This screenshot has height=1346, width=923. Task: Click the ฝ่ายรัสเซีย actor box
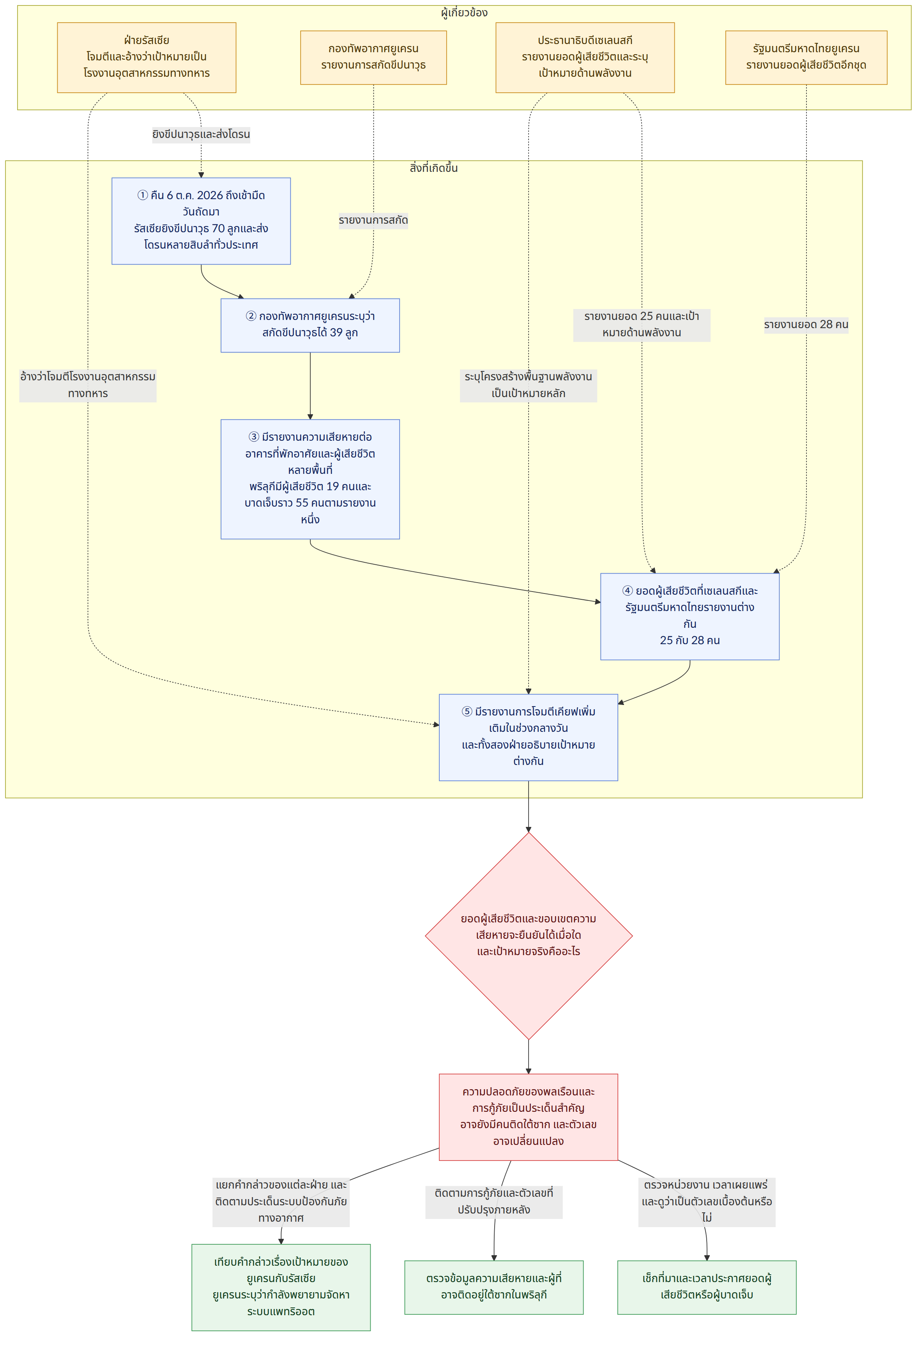pyautogui.click(x=147, y=57)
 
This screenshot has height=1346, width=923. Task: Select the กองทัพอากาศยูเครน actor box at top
pyautogui.click(x=373, y=57)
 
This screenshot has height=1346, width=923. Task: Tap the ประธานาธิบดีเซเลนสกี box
pyautogui.click(x=585, y=57)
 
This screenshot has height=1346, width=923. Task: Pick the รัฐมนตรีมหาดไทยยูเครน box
pyautogui.click(x=806, y=57)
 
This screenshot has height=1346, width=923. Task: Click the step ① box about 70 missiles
pyautogui.click(x=201, y=221)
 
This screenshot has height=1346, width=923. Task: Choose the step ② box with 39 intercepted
pyautogui.click(x=310, y=325)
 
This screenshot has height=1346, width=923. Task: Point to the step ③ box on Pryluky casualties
pyautogui.click(x=310, y=479)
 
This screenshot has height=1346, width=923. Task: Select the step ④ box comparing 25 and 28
pyautogui.click(x=690, y=616)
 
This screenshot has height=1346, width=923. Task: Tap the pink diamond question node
pyautogui.click(x=529, y=936)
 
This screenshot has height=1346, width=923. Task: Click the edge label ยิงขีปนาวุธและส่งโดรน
pyautogui.click(x=201, y=134)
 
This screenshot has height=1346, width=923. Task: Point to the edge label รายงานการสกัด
pyautogui.click(x=373, y=220)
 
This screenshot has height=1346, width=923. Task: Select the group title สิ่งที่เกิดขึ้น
pyautogui.click(x=433, y=168)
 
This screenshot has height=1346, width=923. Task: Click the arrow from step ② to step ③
pyautogui.click(x=310, y=386)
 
